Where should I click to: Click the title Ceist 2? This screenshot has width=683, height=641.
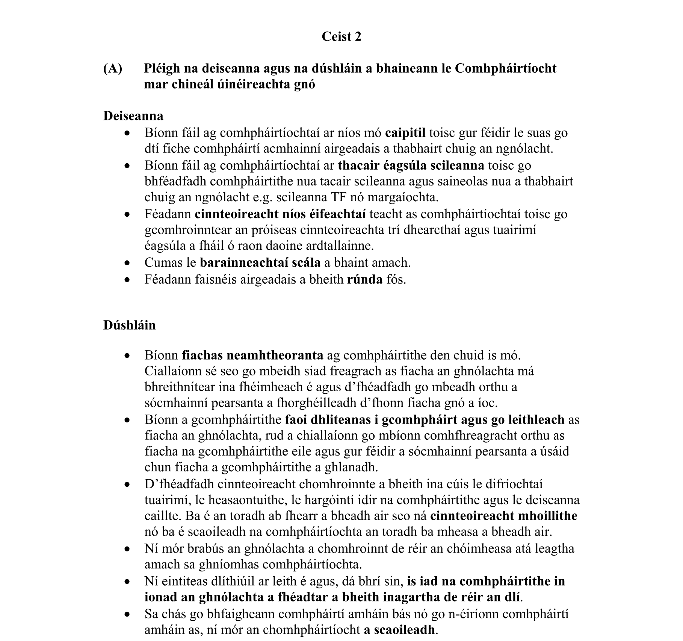pos(341,36)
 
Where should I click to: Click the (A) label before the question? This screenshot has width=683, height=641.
pos(113,68)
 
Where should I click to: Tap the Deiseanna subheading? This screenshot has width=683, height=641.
pos(133,116)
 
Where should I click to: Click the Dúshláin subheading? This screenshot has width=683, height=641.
pos(129,325)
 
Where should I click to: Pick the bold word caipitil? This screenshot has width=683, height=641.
pos(405,133)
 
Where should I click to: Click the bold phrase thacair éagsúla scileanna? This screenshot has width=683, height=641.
pos(411,166)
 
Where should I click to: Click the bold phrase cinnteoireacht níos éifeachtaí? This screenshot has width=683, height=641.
pos(280,214)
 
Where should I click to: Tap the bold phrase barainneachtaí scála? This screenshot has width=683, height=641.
pos(260,263)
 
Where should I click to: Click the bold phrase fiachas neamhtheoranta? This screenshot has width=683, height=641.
pos(252,355)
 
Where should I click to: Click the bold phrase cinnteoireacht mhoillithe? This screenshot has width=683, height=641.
pos(503,516)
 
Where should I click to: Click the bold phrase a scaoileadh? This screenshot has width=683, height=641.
pos(399,630)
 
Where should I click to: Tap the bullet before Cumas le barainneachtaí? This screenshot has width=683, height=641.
pos(128,263)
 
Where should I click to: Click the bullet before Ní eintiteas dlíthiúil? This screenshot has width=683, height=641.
pos(128,582)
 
